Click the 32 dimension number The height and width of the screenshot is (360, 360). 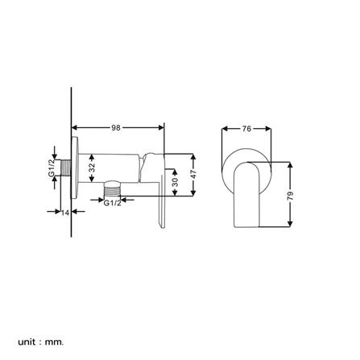point(90,168)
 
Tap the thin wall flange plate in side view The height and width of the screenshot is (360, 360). point(77,170)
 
